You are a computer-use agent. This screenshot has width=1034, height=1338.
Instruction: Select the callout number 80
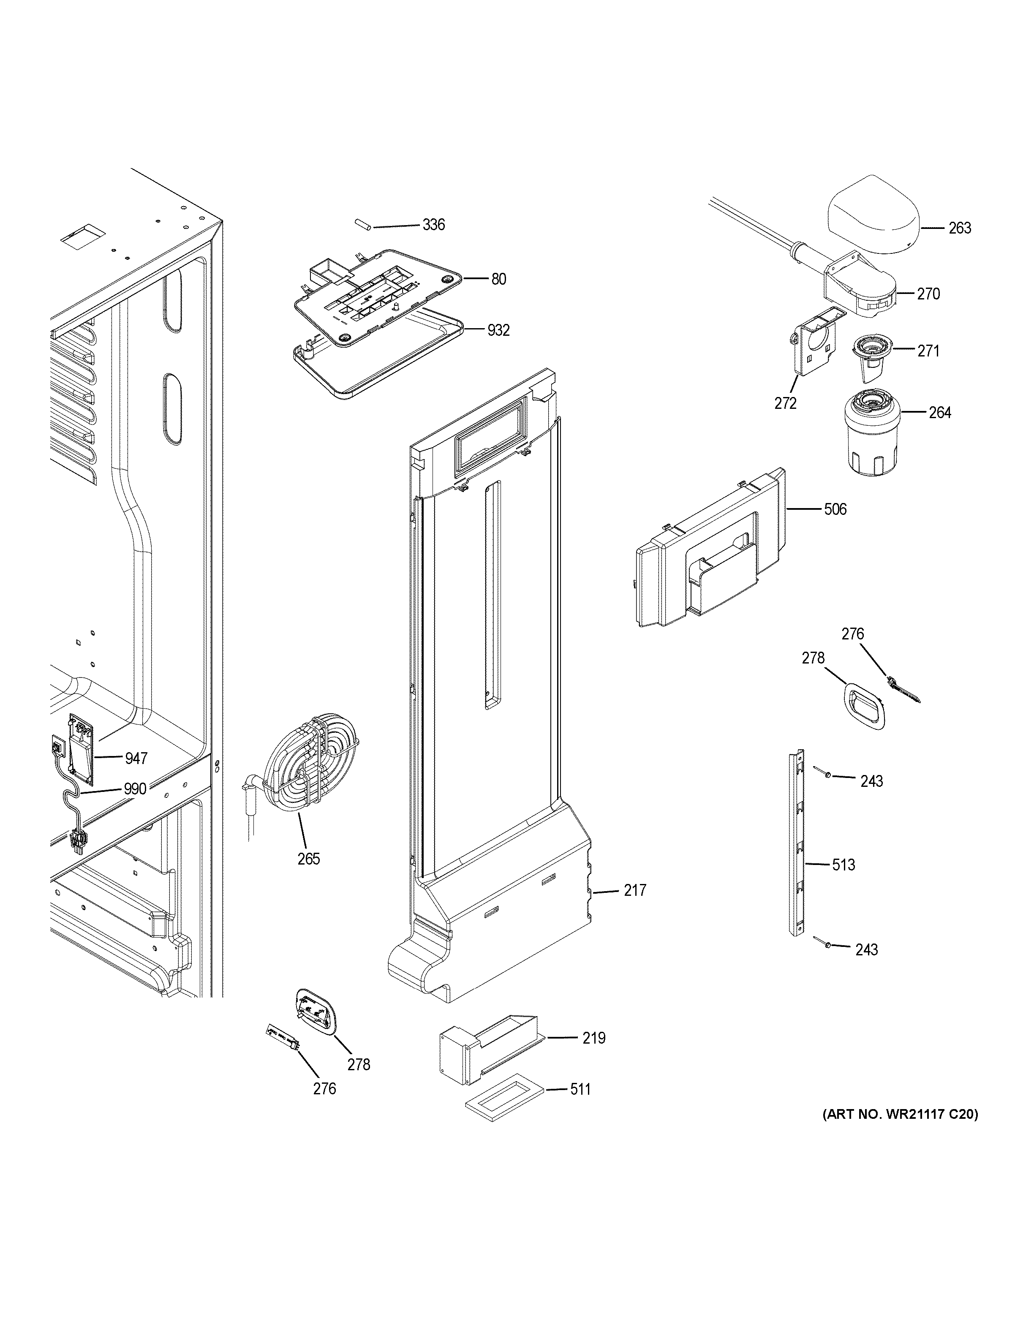pos(498,279)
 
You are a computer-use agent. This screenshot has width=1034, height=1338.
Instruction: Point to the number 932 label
pos(498,331)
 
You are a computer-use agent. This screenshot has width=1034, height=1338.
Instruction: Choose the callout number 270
pos(928,294)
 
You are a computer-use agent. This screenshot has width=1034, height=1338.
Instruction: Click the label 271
pos(928,351)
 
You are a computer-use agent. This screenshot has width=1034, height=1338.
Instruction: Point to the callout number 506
pos(835,509)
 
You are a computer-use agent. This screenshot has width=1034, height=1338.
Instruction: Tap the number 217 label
pos(634,890)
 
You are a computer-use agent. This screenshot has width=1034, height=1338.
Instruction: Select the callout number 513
pos(844,865)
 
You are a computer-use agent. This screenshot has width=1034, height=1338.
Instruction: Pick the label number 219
pos(593,1038)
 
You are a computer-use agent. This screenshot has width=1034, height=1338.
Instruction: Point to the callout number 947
pos(136,759)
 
